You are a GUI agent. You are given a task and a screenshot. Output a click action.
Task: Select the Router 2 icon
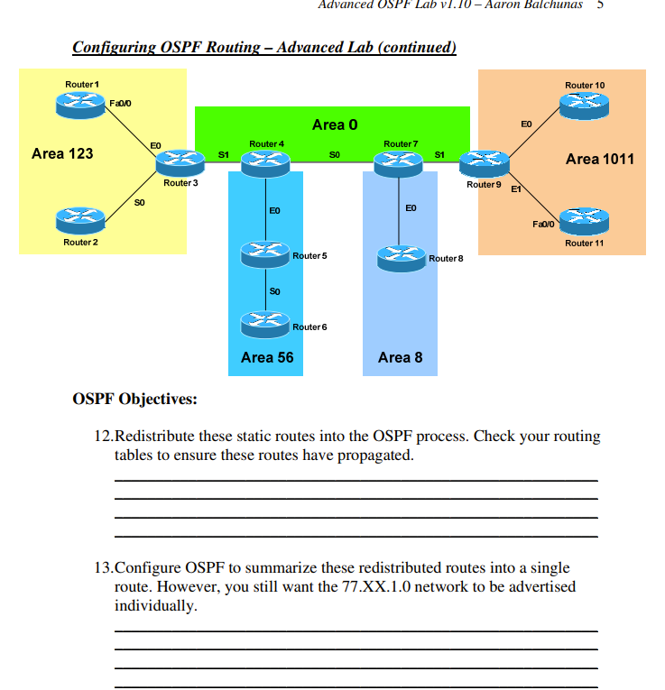79,219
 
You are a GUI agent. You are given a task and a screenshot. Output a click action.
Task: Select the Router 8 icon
402,259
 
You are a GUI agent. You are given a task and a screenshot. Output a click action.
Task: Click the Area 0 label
334,124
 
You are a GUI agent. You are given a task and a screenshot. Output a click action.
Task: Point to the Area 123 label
62,153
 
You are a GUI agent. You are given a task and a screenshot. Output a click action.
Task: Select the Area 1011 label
599,159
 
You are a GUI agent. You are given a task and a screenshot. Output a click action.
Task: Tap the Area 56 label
267,357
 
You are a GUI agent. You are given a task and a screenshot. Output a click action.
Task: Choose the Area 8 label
400,357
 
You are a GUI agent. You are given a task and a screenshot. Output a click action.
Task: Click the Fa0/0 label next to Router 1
120,104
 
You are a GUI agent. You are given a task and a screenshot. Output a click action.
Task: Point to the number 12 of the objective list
102,437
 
